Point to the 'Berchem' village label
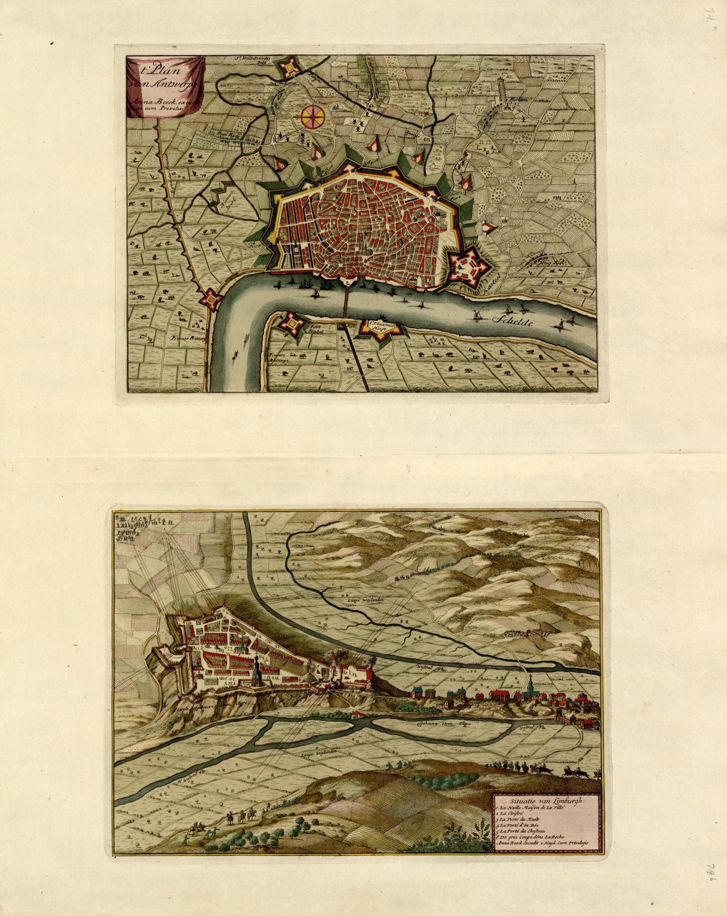pos(520,99)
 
